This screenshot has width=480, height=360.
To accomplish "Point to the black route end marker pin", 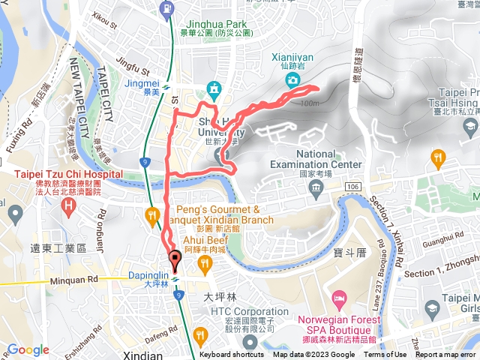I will [176, 260].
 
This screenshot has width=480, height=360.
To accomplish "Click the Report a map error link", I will [447, 355].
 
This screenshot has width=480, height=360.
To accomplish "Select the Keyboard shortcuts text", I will [231, 355].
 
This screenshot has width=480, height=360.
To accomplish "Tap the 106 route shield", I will [352, 185].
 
